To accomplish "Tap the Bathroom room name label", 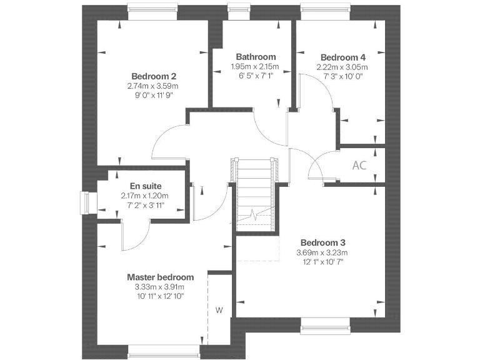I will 256,57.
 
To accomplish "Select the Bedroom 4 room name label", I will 342,56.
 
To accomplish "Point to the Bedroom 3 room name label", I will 322,242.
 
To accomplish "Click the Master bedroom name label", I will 160,277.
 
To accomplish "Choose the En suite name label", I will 145,186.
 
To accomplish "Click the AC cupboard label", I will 359,166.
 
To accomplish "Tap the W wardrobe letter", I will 219,310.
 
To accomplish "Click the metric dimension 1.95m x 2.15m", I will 256,67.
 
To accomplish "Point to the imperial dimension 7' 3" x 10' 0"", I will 342,76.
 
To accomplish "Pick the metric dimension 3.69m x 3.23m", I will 322,252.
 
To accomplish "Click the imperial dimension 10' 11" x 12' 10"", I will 160,296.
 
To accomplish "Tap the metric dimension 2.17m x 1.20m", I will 145,196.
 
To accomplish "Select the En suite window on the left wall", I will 86,202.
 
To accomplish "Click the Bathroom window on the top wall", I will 237,8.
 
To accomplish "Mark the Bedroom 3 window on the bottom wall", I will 326,324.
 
